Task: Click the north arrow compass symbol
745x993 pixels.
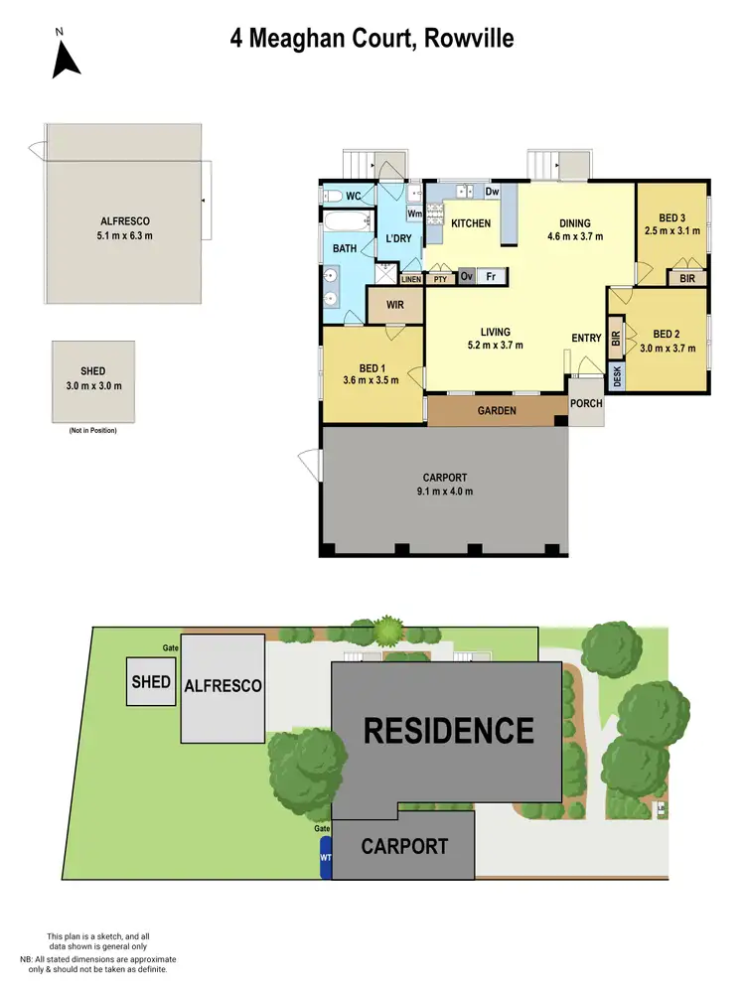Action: coord(66,58)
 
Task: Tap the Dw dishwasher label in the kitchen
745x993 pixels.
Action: coord(492,193)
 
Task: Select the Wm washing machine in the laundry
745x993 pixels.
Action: coord(414,213)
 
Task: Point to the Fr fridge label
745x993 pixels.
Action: coord(491,278)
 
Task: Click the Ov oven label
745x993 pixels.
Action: coord(466,278)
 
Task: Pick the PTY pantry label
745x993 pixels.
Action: coord(440,280)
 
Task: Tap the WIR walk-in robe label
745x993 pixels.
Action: coord(395,305)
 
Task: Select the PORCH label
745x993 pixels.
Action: coord(586,404)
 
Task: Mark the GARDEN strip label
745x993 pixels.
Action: coord(497,410)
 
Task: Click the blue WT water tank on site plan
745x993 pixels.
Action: coord(325,854)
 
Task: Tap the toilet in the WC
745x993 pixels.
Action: coord(333,195)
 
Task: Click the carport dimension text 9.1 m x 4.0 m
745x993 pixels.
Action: coord(444,492)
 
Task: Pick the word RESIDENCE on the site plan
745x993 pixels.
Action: coord(448,731)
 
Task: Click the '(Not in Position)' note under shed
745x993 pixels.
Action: coord(92,430)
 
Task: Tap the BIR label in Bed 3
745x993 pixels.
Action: coord(687,280)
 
